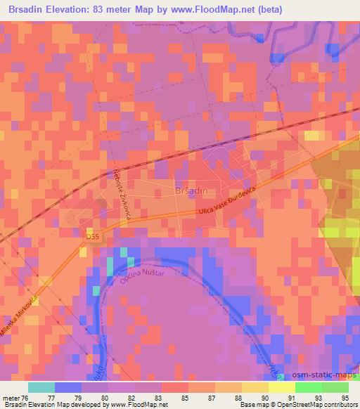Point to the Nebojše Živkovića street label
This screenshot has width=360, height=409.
pyautogui.click(x=124, y=195)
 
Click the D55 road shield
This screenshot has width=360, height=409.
pyautogui.click(x=93, y=237)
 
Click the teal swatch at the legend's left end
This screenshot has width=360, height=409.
pyautogui.click(x=41, y=387)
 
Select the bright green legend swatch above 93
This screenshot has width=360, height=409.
pyautogui.click(x=309, y=387)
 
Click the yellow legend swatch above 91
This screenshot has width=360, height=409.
pyautogui.click(x=282, y=387)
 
